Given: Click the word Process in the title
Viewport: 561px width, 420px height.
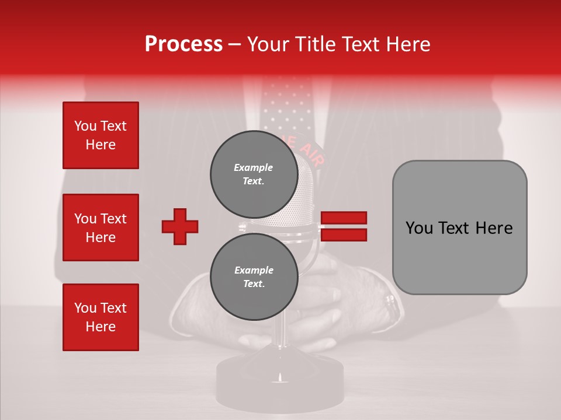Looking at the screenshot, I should tap(183, 44).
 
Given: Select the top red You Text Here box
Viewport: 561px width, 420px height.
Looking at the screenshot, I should tap(101, 135).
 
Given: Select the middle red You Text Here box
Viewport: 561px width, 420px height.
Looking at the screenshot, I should tap(101, 228).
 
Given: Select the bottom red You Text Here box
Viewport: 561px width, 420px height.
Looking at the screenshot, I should tap(101, 317).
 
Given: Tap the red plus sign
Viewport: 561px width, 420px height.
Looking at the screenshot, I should tap(180, 226).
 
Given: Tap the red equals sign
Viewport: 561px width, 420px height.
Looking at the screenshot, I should tap(344, 226).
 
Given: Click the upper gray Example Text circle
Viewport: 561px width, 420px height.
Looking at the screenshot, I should tap(254, 174).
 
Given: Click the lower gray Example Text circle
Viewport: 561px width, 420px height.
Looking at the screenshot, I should tap(254, 276).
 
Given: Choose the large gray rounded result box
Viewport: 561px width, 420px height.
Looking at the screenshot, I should tap(459, 228).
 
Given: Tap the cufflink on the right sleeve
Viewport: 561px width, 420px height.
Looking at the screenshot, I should tap(390, 302).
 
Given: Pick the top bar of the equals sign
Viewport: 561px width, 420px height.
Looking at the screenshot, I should tap(344, 218).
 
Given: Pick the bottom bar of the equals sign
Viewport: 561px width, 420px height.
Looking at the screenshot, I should tap(344, 235).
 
